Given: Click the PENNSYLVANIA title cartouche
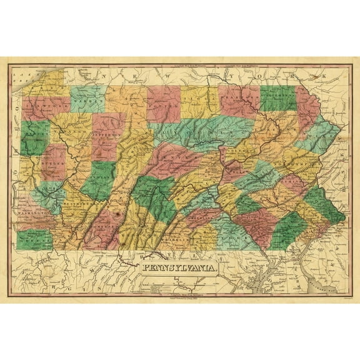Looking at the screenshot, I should tap(181, 269).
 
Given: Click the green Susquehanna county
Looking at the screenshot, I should tap(278, 98).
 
